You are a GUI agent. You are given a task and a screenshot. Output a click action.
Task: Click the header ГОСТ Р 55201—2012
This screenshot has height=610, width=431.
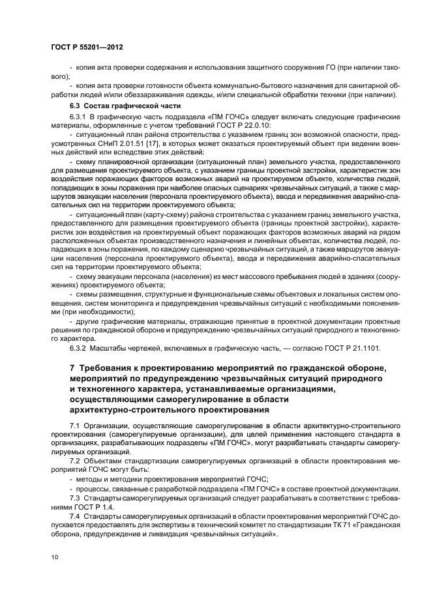coord(87,48)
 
